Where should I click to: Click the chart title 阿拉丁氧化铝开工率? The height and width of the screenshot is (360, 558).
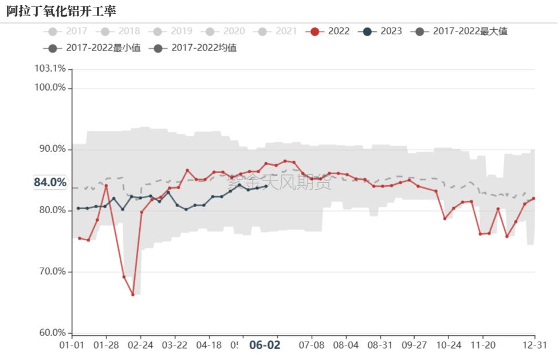61,11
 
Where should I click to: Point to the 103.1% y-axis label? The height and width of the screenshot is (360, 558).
50,69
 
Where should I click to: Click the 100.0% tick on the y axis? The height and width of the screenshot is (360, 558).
50,88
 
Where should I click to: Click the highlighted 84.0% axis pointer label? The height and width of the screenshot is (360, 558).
50,182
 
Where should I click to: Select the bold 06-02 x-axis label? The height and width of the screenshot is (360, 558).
265,345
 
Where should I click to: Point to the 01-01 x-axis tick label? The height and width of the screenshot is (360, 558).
72,345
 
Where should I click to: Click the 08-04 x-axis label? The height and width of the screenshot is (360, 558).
346,345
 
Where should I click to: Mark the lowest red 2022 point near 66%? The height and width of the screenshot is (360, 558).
133,295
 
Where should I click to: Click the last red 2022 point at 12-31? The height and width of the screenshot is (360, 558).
534,198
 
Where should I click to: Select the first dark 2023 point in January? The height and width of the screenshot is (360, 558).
78,208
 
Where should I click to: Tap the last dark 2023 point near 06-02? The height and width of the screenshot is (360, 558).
266,186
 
